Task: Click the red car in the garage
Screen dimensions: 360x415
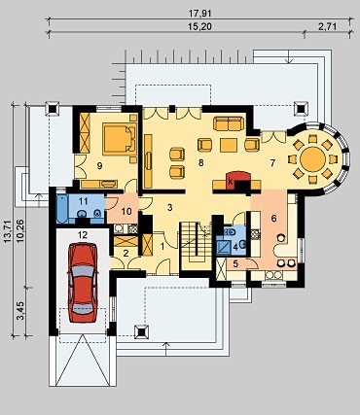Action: click(x=83, y=282)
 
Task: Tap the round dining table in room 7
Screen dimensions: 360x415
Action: click(x=312, y=159)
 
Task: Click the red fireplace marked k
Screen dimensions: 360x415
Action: click(x=238, y=180)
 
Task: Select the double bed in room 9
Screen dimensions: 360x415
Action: click(x=119, y=139)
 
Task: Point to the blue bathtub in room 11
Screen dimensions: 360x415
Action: click(x=61, y=209)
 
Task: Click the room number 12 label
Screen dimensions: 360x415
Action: click(x=83, y=234)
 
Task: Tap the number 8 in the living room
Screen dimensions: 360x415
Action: click(x=201, y=163)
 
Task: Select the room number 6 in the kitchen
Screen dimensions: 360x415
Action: click(x=274, y=219)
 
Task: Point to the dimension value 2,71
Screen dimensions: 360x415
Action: click(x=328, y=27)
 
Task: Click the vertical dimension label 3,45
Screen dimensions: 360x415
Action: click(x=21, y=311)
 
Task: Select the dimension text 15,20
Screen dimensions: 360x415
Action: click(x=199, y=27)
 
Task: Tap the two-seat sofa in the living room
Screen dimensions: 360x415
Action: click(x=229, y=123)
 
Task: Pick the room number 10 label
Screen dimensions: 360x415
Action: click(x=126, y=212)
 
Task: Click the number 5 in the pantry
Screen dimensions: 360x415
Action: click(x=235, y=263)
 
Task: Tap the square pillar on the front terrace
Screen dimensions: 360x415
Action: click(x=142, y=332)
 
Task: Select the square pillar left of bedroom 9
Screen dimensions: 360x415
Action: click(x=53, y=109)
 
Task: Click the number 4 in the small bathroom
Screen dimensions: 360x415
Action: click(x=235, y=247)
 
